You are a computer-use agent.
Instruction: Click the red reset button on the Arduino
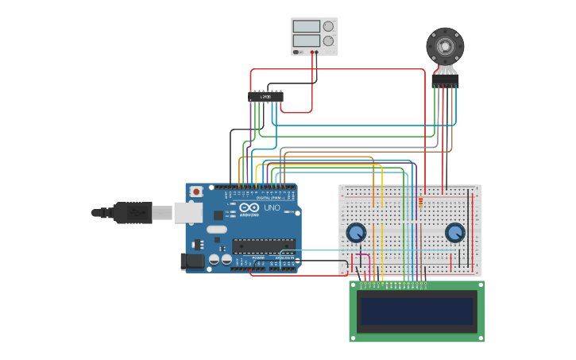click(195, 192)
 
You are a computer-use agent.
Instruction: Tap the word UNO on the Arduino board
click(272, 207)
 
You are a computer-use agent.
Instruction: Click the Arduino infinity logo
click(249, 207)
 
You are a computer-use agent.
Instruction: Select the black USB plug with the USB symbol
click(131, 212)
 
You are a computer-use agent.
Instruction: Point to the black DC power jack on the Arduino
click(193, 260)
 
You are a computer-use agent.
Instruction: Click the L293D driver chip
click(265, 97)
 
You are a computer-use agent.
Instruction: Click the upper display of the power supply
click(306, 26)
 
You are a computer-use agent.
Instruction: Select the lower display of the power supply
click(306, 41)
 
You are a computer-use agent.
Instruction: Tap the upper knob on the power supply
click(328, 26)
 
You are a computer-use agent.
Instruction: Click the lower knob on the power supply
click(328, 41)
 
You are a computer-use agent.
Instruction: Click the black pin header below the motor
click(445, 80)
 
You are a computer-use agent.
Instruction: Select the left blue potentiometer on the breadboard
click(357, 232)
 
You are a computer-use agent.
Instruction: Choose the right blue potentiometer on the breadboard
click(454, 232)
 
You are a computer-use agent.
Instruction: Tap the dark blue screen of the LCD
click(418, 311)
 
